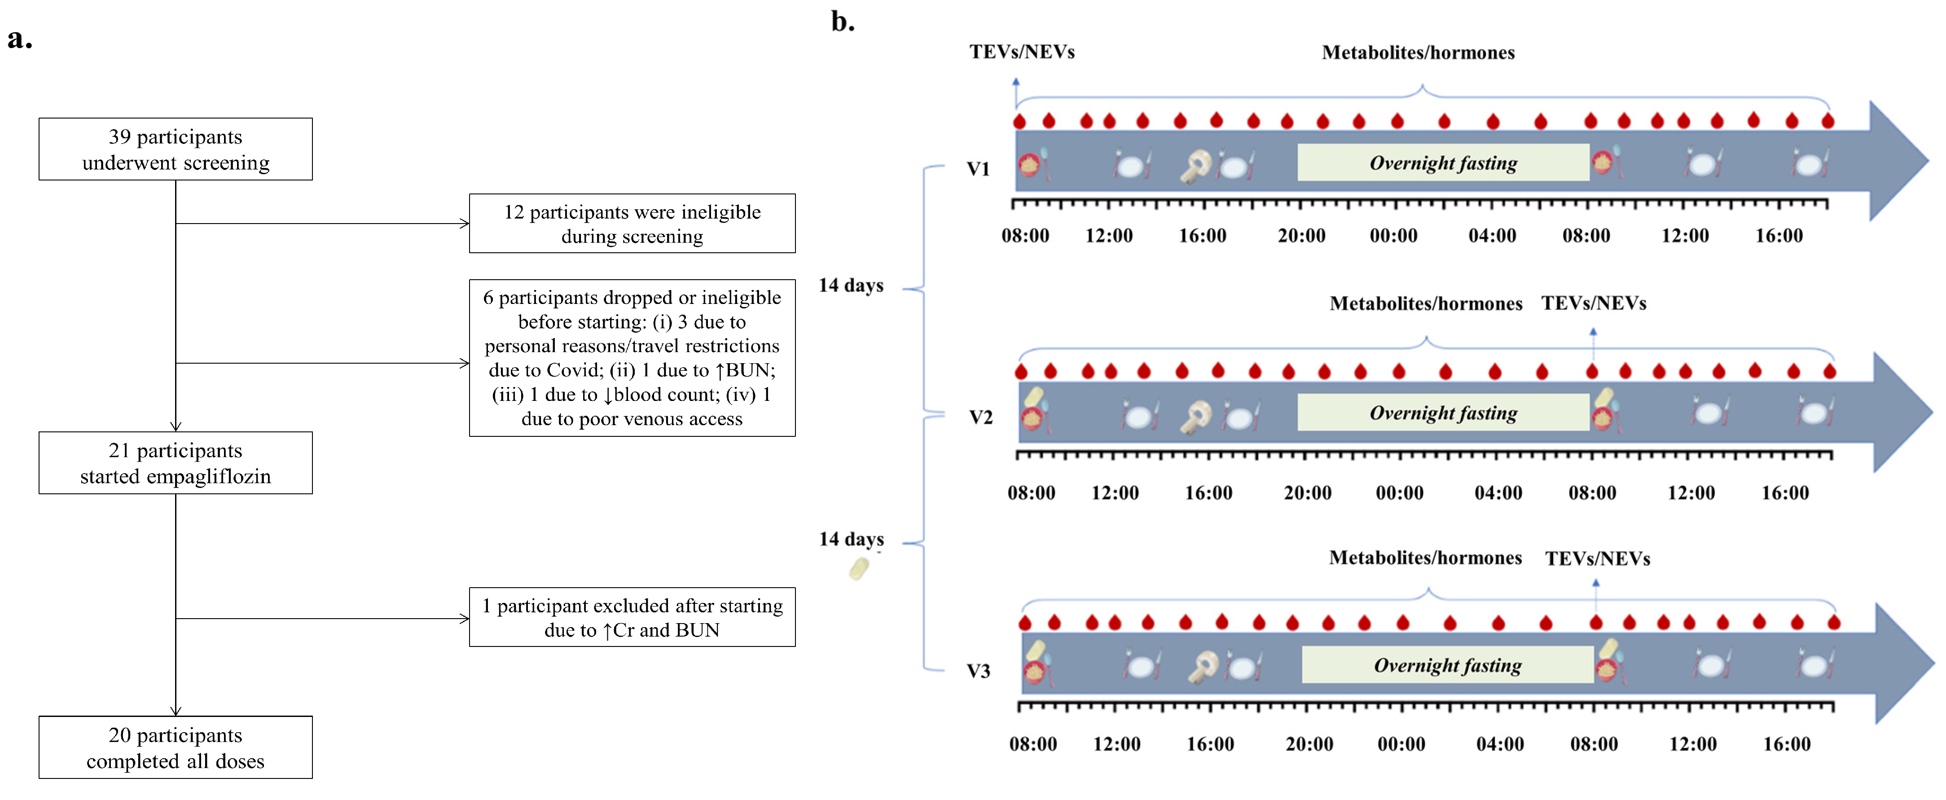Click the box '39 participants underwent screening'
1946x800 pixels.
(175, 149)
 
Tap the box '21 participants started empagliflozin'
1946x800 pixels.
(175, 463)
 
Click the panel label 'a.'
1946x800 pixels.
(20, 38)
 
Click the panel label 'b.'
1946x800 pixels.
(842, 21)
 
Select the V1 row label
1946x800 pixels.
(978, 168)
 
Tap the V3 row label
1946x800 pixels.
(978, 671)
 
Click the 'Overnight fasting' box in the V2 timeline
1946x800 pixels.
(1443, 413)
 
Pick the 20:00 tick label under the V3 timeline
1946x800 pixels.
(1309, 744)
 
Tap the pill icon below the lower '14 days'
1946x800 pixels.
(859, 569)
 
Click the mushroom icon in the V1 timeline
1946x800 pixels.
(1195, 166)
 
